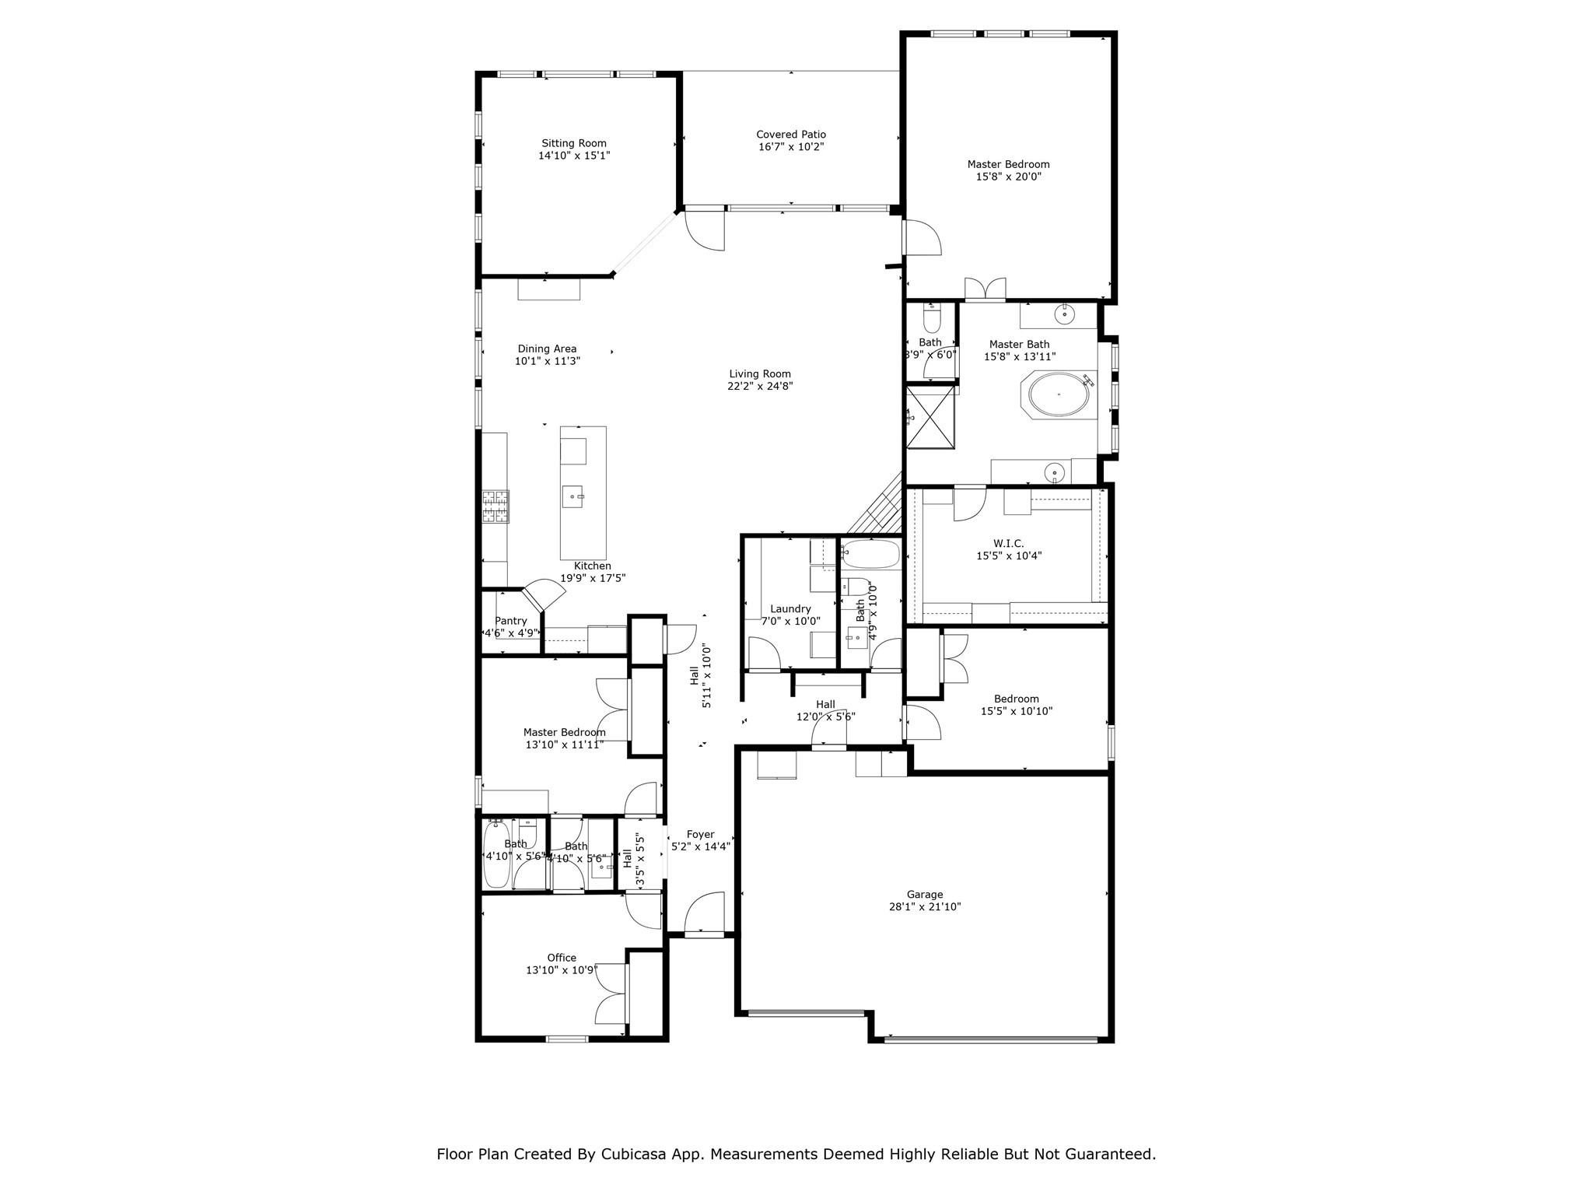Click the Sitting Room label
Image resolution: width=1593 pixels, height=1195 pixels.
(x=573, y=143)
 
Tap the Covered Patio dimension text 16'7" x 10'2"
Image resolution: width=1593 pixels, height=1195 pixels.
(x=790, y=147)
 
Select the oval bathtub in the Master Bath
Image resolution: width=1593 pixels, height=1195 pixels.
(x=1059, y=395)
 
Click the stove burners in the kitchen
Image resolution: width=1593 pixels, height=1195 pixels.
(x=495, y=506)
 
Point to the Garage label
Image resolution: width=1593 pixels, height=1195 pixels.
(x=924, y=895)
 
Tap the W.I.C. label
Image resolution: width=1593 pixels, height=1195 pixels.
(x=1008, y=544)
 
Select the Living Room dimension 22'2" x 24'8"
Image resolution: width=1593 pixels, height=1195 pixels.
(x=759, y=386)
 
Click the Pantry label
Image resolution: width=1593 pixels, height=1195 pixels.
(x=510, y=621)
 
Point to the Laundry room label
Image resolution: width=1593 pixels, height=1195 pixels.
(x=790, y=609)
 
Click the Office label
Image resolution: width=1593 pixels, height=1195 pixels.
(x=561, y=958)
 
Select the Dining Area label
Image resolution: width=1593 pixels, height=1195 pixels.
(x=547, y=349)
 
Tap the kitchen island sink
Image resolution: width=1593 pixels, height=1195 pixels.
(x=573, y=496)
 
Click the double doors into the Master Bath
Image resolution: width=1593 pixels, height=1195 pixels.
(x=985, y=289)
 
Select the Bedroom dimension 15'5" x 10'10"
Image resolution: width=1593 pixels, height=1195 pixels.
(x=1016, y=711)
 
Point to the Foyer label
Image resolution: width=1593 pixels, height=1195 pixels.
(x=700, y=835)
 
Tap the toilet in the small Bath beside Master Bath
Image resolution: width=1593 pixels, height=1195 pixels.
(x=931, y=320)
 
